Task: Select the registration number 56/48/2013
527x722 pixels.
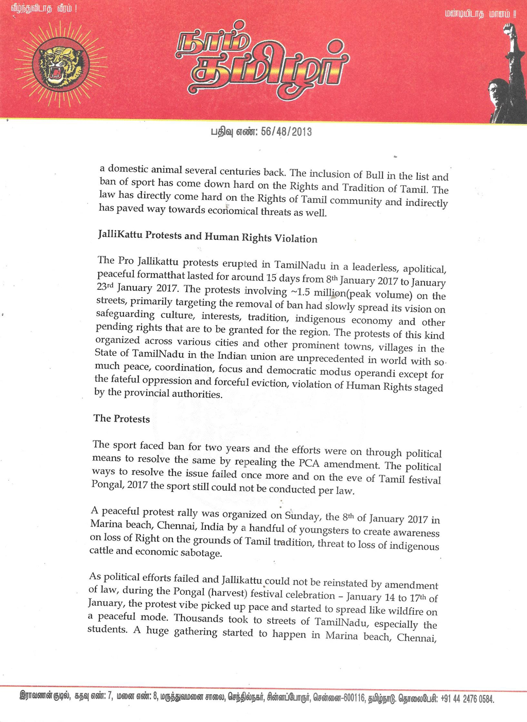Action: [286, 132]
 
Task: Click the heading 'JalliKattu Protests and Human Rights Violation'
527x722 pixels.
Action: [207, 237]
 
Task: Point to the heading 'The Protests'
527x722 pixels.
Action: [121, 419]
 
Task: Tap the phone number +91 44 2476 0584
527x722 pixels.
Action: [468, 699]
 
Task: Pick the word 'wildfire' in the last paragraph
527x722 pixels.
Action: [403, 611]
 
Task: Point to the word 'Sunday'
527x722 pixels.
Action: [303, 515]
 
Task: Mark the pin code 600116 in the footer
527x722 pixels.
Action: [353, 698]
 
